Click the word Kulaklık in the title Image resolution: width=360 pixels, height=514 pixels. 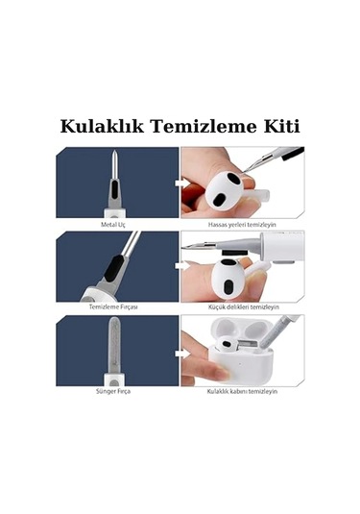(x=104, y=127)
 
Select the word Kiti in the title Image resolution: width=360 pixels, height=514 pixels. (x=280, y=127)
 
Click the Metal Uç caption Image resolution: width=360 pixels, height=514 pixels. (x=114, y=224)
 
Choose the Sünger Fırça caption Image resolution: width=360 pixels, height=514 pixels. (x=114, y=392)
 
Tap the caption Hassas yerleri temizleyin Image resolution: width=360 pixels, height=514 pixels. (x=243, y=224)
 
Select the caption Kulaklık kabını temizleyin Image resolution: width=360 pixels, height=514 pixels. (x=243, y=392)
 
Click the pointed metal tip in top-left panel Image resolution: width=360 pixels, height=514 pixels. (x=113, y=163)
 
